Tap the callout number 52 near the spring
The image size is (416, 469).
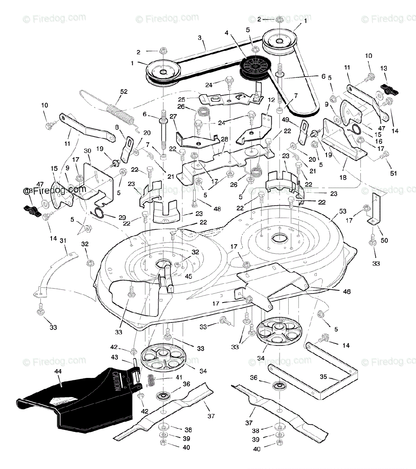click(124, 92)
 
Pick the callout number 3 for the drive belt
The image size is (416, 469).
click(200, 38)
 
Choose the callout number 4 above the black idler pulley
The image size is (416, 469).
click(227, 33)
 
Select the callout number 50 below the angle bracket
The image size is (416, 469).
click(384, 240)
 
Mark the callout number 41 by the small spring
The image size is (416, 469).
click(179, 377)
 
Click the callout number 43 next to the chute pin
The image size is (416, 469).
click(114, 357)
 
